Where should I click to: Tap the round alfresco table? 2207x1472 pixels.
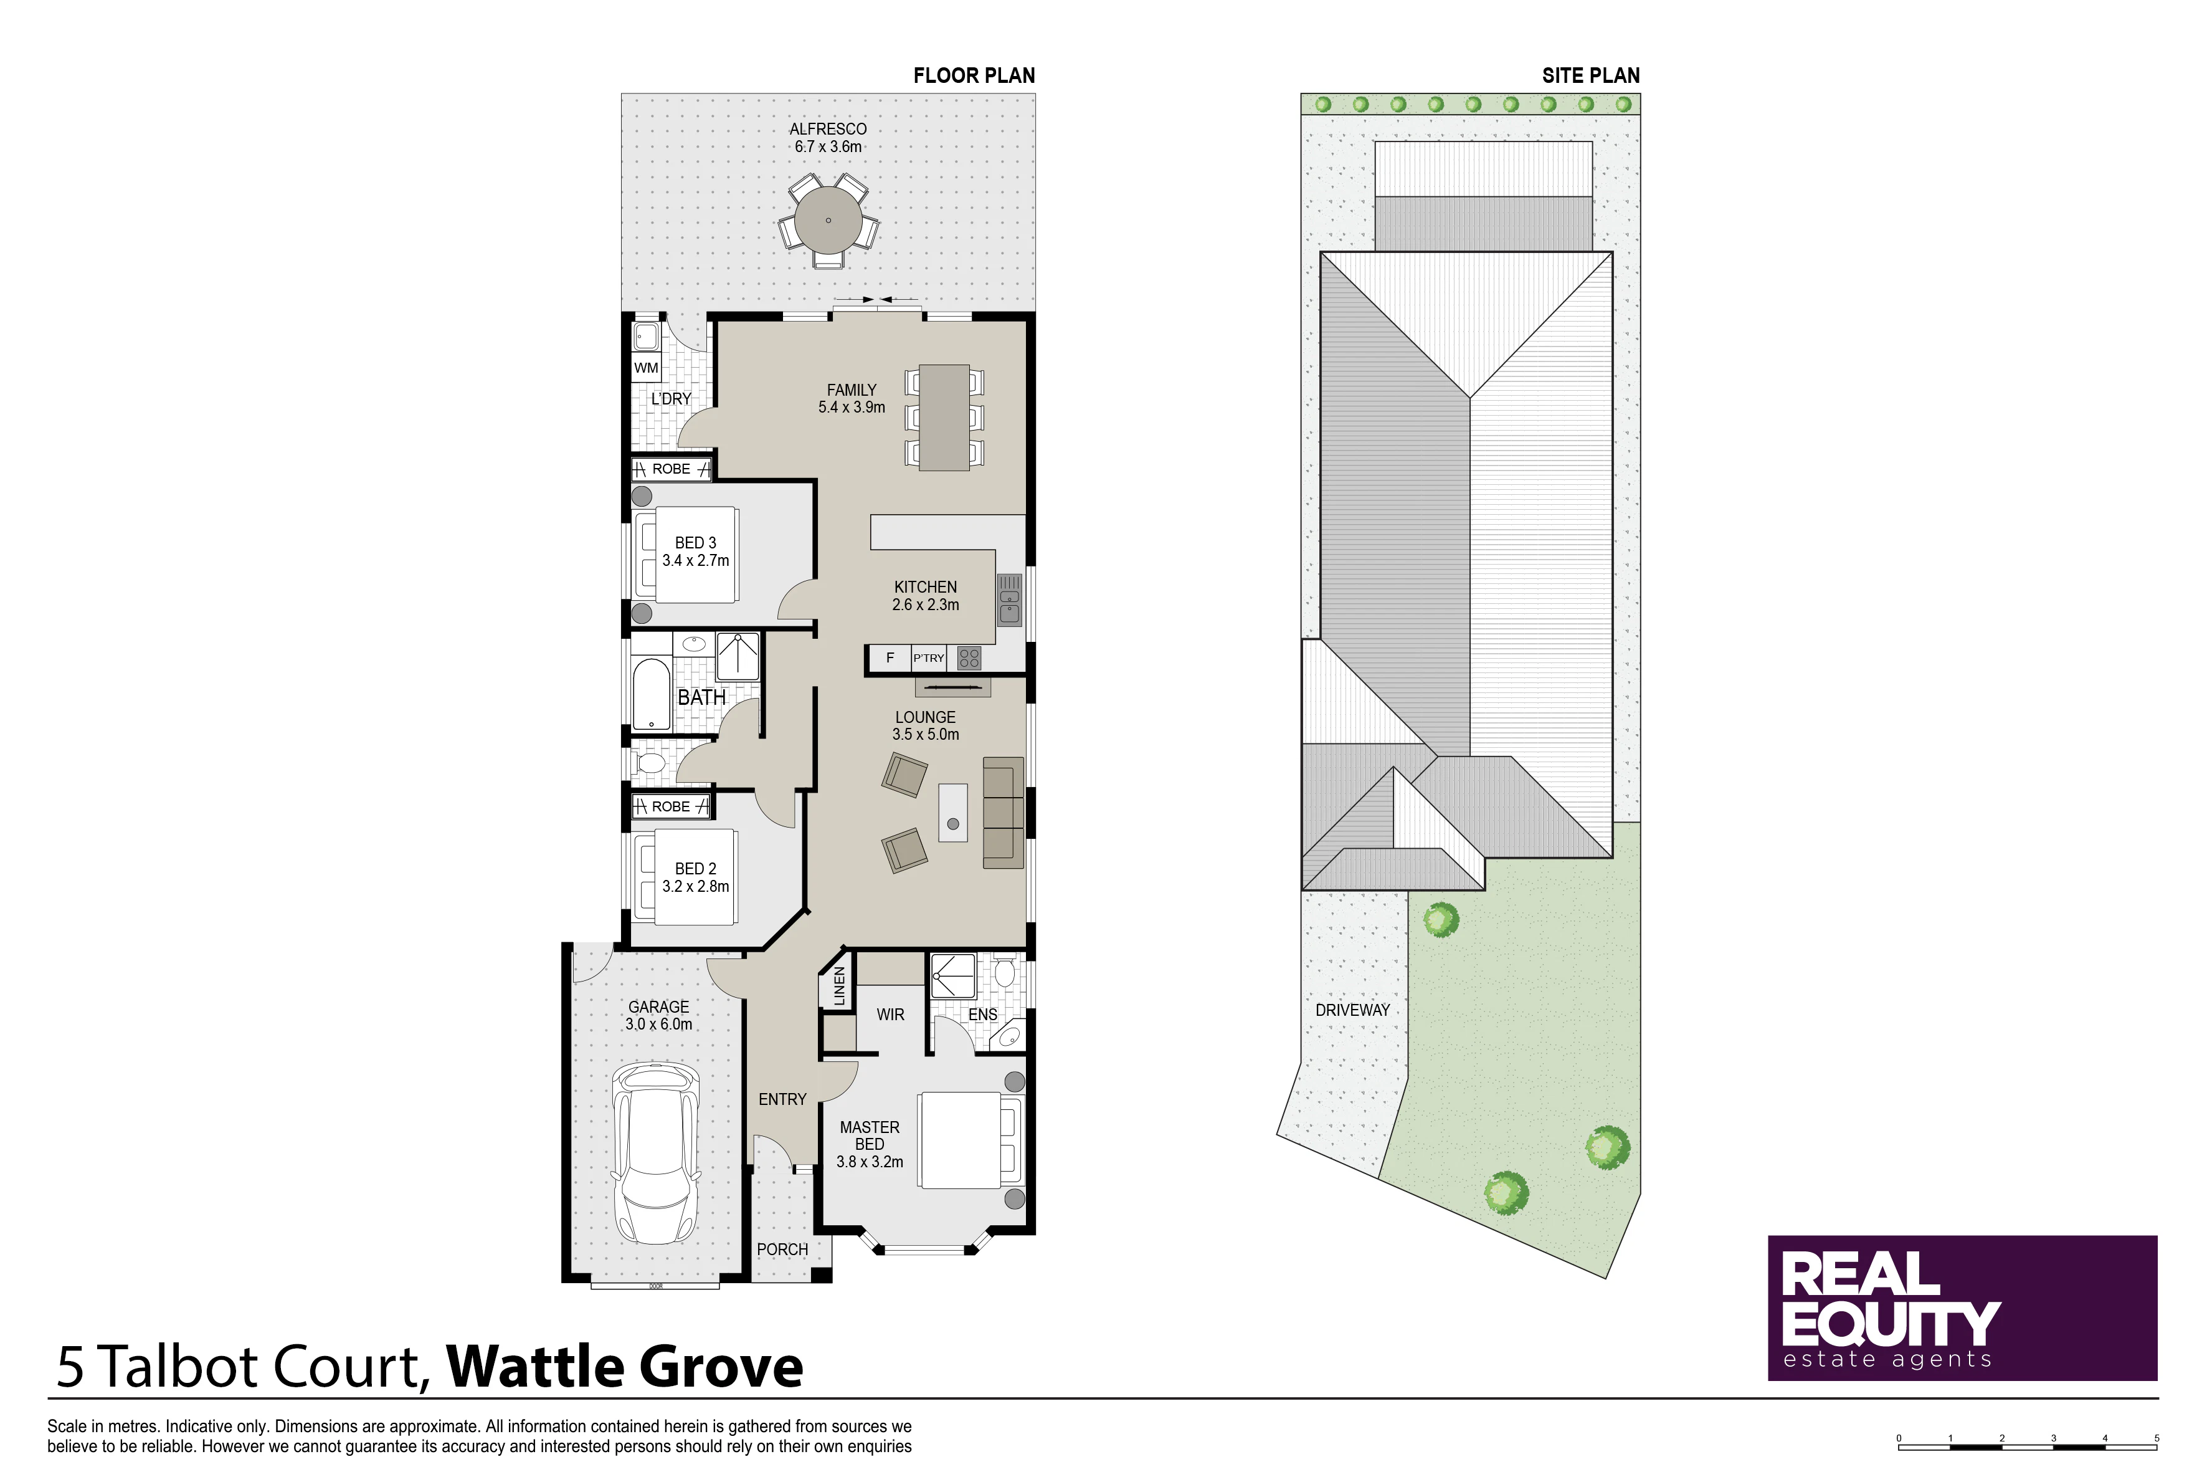click(x=828, y=221)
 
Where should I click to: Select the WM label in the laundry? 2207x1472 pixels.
click(x=645, y=367)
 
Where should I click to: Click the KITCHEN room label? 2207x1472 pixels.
click(x=925, y=586)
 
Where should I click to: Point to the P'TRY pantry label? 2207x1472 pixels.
click(x=928, y=658)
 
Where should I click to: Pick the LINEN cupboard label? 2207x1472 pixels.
click(x=840, y=987)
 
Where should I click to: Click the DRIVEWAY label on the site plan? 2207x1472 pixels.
click(x=1352, y=1010)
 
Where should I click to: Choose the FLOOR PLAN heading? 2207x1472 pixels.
click(x=974, y=75)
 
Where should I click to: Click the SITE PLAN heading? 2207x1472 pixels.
click(x=1590, y=75)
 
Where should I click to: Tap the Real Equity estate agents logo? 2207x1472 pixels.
click(x=1962, y=1307)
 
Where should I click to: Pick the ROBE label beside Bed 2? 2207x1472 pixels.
click(x=671, y=806)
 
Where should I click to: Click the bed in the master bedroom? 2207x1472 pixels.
click(x=971, y=1140)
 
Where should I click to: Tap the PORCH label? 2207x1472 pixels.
click(x=782, y=1250)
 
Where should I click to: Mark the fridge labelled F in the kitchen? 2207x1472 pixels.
click(x=890, y=658)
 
